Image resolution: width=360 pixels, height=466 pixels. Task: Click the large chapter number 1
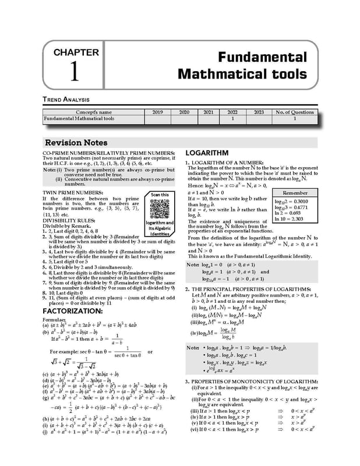point(75,71)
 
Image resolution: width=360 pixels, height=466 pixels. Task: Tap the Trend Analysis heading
point(65,100)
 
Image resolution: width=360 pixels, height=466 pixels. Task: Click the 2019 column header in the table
point(157,112)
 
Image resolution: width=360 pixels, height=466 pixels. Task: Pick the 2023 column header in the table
point(259,112)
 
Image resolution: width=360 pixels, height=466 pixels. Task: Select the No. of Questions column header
point(295,112)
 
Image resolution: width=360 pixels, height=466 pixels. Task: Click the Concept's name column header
point(93,112)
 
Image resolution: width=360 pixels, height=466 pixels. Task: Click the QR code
point(160,209)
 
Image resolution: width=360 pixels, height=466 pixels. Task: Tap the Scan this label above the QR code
point(160,195)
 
